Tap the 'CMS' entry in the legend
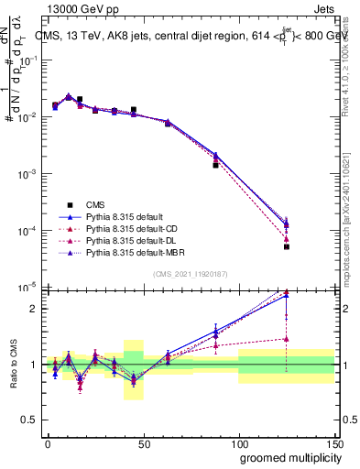(x=95, y=203)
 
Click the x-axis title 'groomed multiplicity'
(x=287, y=457)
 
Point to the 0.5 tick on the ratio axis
(x=31, y=422)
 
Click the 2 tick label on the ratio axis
(x=33, y=308)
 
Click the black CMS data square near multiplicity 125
(x=287, y=246)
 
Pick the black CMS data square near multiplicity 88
(x=215, y=165)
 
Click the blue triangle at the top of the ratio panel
(x=287, y=295)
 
